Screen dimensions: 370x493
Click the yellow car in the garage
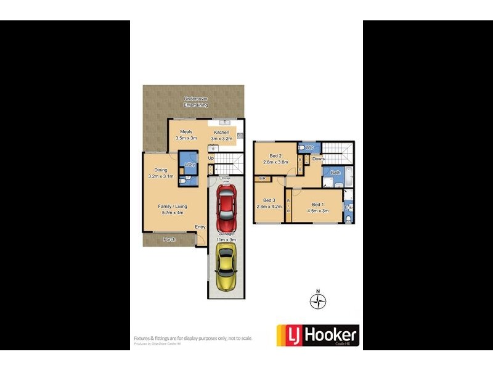226,265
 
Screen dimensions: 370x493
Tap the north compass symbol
318,301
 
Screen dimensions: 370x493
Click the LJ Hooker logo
318,336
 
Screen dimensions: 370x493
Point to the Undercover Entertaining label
195,102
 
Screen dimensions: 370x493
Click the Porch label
169,239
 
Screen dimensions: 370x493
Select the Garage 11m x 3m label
226,238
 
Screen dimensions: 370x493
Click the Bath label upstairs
335,173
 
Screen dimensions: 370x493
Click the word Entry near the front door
200,227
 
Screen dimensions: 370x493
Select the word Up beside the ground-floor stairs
210,158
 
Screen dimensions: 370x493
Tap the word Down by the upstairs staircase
318,159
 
